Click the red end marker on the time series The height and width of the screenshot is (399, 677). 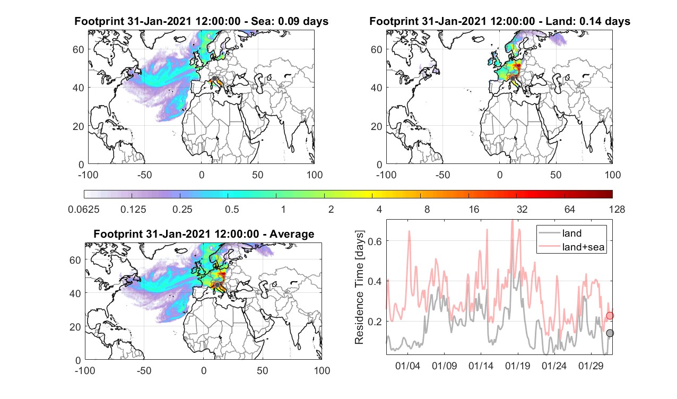point(610,316)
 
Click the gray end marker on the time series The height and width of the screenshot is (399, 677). point(610,333)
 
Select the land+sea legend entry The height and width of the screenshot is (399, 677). point(571,247)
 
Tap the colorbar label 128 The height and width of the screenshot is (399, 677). point(617,209)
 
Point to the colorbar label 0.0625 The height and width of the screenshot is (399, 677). point(84,209)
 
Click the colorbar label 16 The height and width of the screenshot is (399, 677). point(474,209)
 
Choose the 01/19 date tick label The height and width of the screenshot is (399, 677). point(517,366)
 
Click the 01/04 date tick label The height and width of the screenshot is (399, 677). point(407,366)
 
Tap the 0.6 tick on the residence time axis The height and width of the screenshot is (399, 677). point(375,241)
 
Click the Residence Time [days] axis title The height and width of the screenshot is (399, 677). point(359,288)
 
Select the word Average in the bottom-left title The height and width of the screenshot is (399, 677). point(292,234)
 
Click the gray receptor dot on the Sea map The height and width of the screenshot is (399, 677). point(214,79)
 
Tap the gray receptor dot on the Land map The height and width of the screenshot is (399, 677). point(513,79)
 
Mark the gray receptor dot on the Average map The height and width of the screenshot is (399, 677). point(217,285)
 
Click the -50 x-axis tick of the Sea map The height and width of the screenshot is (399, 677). point(144,175)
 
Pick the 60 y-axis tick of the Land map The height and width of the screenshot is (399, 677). point(376,49)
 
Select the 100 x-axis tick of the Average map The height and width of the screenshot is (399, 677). point(322,370)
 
